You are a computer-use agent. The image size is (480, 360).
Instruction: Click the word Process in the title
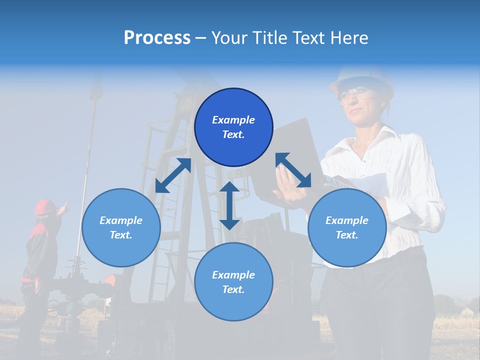[157, 38]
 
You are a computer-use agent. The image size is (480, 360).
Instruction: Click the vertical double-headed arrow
[229, 205]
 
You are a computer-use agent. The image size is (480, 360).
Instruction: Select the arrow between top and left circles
[173, 175]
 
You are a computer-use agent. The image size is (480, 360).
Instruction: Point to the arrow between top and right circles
[293, 170]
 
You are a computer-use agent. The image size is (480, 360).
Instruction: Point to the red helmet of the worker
[45, 206]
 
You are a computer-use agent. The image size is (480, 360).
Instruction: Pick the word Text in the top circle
[233, 134]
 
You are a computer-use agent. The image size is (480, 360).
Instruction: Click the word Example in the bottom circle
[233, 274]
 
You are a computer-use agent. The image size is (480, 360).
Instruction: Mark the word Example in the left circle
[121, 220]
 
